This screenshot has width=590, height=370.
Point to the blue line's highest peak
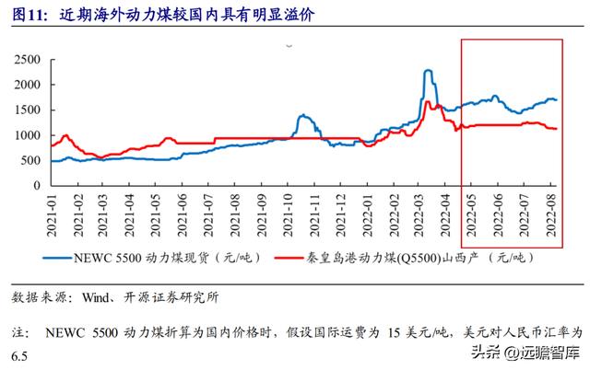tap(428, 70)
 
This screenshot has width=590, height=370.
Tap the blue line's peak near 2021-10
tap(303, 115)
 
